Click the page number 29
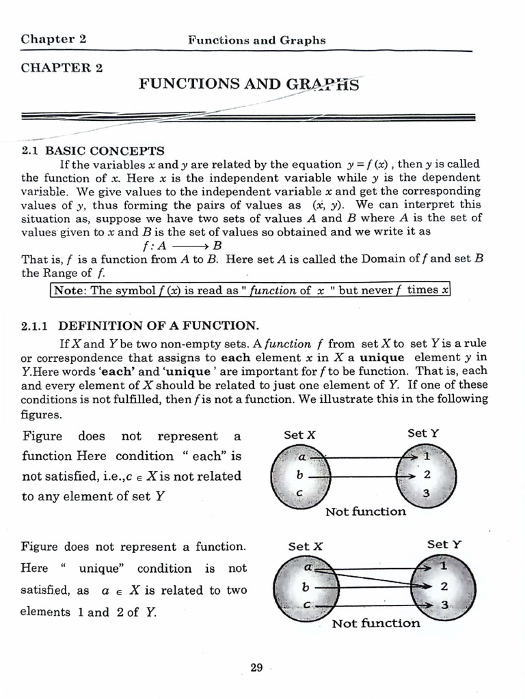click(256, 668)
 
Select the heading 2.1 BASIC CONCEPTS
click(93, 150)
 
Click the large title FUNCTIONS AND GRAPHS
click(248, 85)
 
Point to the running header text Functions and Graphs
click(256, 40)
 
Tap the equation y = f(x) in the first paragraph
click(369, 164)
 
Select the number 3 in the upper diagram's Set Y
click(427, 494)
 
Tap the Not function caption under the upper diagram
click(365, 511)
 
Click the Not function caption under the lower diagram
click(375, 623)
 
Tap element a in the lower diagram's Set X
click(308, 567)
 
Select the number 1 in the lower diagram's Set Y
click(443, 566)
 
